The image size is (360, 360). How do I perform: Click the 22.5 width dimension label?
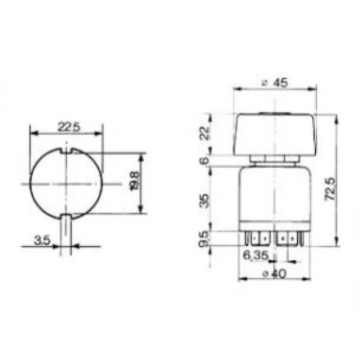coord(69,127)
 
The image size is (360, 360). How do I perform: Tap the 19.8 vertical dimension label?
coord(135,181)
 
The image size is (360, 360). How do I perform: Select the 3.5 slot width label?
coord(42,240)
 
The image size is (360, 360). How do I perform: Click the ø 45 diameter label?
coord(275,83)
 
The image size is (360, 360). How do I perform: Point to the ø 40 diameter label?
coord(274,274)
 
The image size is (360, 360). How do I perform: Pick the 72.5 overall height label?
coord(330,189)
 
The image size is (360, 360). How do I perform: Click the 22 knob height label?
coord(206,133)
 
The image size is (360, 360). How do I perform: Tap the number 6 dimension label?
coord(206,160)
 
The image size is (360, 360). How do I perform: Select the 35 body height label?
coord(206,200)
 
